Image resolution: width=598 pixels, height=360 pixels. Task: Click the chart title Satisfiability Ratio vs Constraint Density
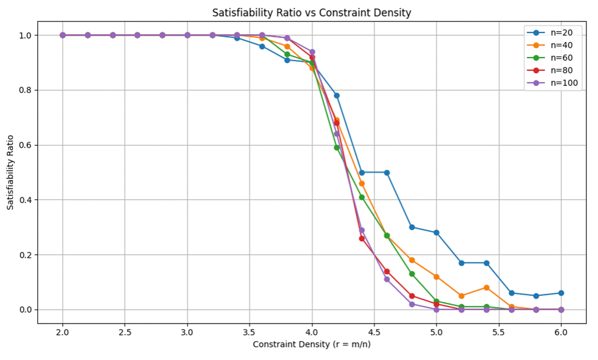[312, 13]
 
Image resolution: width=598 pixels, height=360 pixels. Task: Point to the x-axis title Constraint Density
[312, 344]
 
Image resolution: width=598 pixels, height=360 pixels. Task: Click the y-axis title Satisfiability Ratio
[11, 172]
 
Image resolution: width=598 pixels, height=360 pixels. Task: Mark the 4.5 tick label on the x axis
[374, 332]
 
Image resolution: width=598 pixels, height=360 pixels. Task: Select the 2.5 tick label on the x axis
[125, 332]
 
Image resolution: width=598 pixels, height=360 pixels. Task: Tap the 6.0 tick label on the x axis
[561, 332]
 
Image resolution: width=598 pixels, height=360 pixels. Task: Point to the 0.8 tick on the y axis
[25, 91]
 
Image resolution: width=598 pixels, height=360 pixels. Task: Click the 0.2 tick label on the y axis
[25, 255]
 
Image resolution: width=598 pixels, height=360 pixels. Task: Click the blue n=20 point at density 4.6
[386, 172]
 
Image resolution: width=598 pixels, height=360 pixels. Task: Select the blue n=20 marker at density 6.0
[561, 293]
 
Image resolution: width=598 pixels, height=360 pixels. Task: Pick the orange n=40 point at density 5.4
[486, 288]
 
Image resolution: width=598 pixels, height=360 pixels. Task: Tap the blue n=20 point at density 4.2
[337, 96]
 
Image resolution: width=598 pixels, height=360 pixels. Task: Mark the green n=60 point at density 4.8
[412, 274]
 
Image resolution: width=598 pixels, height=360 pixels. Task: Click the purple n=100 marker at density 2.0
[62, 35]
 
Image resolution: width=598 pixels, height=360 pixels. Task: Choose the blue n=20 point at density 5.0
[436, 233]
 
